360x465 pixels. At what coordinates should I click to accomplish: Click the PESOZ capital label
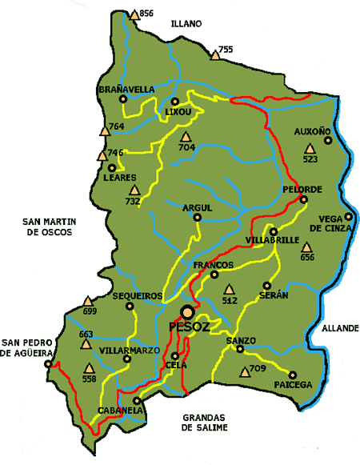189,328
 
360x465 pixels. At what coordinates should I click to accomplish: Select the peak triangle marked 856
134,14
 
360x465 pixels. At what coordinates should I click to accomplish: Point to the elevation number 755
226,50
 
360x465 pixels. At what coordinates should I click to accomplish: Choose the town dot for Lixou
175,102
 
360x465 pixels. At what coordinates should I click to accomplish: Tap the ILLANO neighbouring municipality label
187,24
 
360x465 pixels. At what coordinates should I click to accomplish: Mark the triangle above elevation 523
310,148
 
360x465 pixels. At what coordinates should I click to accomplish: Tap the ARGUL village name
198,207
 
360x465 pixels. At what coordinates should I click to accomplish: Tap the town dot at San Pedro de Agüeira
48,363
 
